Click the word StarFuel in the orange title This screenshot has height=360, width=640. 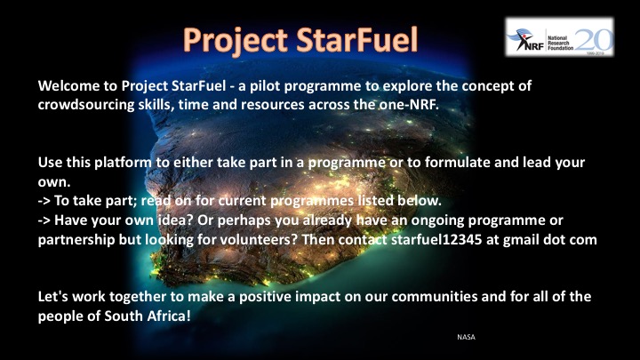pyautogui.click(x=356, y=40)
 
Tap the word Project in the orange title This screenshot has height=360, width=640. pyautogui.click(x=236, y=41)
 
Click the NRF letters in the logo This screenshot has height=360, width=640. pyautogui.click(x=534, y=45)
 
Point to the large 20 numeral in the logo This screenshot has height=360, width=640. pyautogui.click(x=594, y=40)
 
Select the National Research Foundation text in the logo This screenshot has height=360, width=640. pyautogui.click(x=560, y=43)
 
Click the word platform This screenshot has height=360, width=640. pyautogui.click(x=123, y=163)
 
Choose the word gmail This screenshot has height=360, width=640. pyautogui.click(x=521, y=240)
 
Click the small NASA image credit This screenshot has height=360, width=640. pyautogui.click(x=466, y=337)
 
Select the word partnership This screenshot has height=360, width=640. pyautogui.click(x=76, y=240)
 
